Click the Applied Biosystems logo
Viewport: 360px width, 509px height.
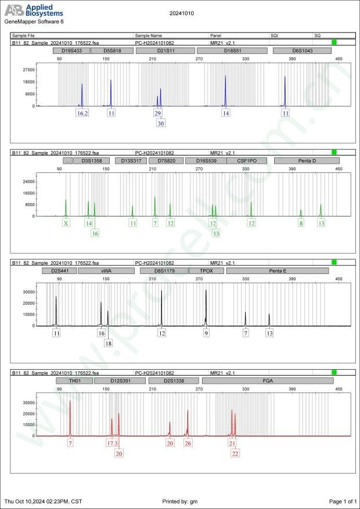click(x=34, y=10)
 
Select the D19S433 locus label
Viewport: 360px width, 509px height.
click(x=71, y=50)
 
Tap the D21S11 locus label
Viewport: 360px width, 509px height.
click(x=167, y=50)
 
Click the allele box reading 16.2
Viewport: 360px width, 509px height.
click(x=82, y=113)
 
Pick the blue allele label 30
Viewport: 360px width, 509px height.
click(x=161, y=123)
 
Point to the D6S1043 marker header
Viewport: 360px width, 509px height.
click(x=302, y=50)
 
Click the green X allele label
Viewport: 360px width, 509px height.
click(x=66, y=223)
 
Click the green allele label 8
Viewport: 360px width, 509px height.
click(x=301, y=223)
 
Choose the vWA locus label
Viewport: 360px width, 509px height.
click(x=106, y=270)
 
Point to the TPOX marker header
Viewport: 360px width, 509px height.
click(x=206, y=270)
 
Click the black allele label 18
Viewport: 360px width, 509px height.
click(x=109, y=343)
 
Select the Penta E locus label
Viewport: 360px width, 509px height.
click(x=278, y=270)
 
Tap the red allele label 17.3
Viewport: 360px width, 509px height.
click(x=112, y=443)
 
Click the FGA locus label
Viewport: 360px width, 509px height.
click(x=268, y=381)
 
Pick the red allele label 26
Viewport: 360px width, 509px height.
click(x=188, y=443)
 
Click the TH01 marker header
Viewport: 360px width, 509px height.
click(x=74, y=381)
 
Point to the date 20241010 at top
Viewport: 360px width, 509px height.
click(x=182, y=12)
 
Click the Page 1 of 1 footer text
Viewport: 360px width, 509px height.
click(x=343, y=501)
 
